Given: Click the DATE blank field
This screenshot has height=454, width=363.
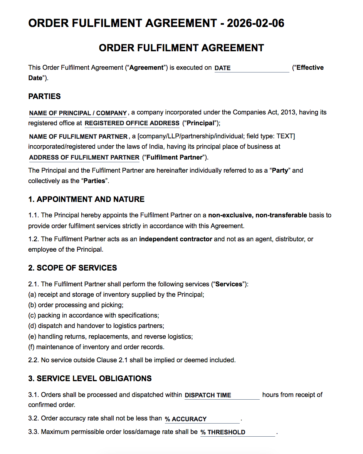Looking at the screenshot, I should (x=251, y=68).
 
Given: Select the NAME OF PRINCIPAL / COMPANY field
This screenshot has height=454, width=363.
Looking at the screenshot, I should (x=78, y=113).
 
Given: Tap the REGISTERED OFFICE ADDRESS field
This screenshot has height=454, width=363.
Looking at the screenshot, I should (x=132, y=123).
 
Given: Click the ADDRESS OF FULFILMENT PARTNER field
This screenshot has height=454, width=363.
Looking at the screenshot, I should (x=84, y=157).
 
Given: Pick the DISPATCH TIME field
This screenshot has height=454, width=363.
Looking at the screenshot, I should (x=222, y=395).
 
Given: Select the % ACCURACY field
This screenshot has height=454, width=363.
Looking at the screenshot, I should (x=202, y=419).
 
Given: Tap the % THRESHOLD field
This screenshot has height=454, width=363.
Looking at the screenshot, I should (x=237, y=432).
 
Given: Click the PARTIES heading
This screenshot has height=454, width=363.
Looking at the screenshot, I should (x=44, y=96).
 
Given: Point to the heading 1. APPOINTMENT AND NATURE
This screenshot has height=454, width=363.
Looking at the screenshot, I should (x=86, y=199).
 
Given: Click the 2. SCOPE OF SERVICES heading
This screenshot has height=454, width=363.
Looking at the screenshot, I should (x=72, y=268).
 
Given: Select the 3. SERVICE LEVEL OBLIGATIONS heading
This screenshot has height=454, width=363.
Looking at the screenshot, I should (x=90, y=378).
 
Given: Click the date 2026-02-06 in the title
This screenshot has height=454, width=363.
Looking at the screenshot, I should (x=255, y=23).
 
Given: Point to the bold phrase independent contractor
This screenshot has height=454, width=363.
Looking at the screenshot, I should (x=175, y=239).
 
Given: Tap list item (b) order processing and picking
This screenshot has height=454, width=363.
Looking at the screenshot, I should (x=76, y=305).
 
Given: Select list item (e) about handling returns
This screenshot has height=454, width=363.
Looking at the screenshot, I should (x=110, y=336).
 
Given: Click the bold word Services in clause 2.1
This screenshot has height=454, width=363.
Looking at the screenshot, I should (x=229, y=284).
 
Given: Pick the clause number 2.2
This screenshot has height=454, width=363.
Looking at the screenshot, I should (x=33, y=360).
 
